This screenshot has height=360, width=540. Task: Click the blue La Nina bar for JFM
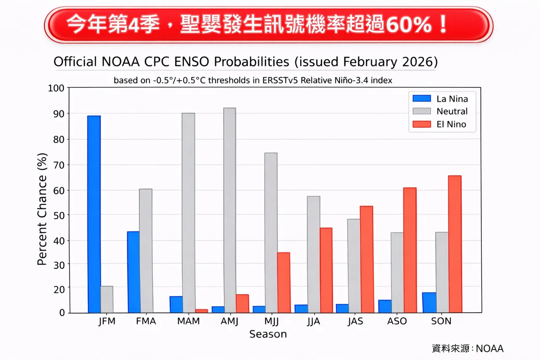[x=94, y=214]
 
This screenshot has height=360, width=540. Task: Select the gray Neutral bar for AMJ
[x=229, y=210]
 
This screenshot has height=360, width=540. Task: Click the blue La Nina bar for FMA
[x=133, y=272]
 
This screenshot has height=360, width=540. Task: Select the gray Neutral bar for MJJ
[x=271, y=233]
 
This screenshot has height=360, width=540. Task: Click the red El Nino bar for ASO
[x=410, y=250]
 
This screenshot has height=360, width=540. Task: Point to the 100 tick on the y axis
[x=56, y=88]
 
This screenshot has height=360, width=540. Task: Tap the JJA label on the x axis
[x=313, y=321]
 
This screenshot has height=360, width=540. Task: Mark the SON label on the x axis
[x=441, y=321]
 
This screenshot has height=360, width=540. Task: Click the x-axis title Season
[x=268, y=334]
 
